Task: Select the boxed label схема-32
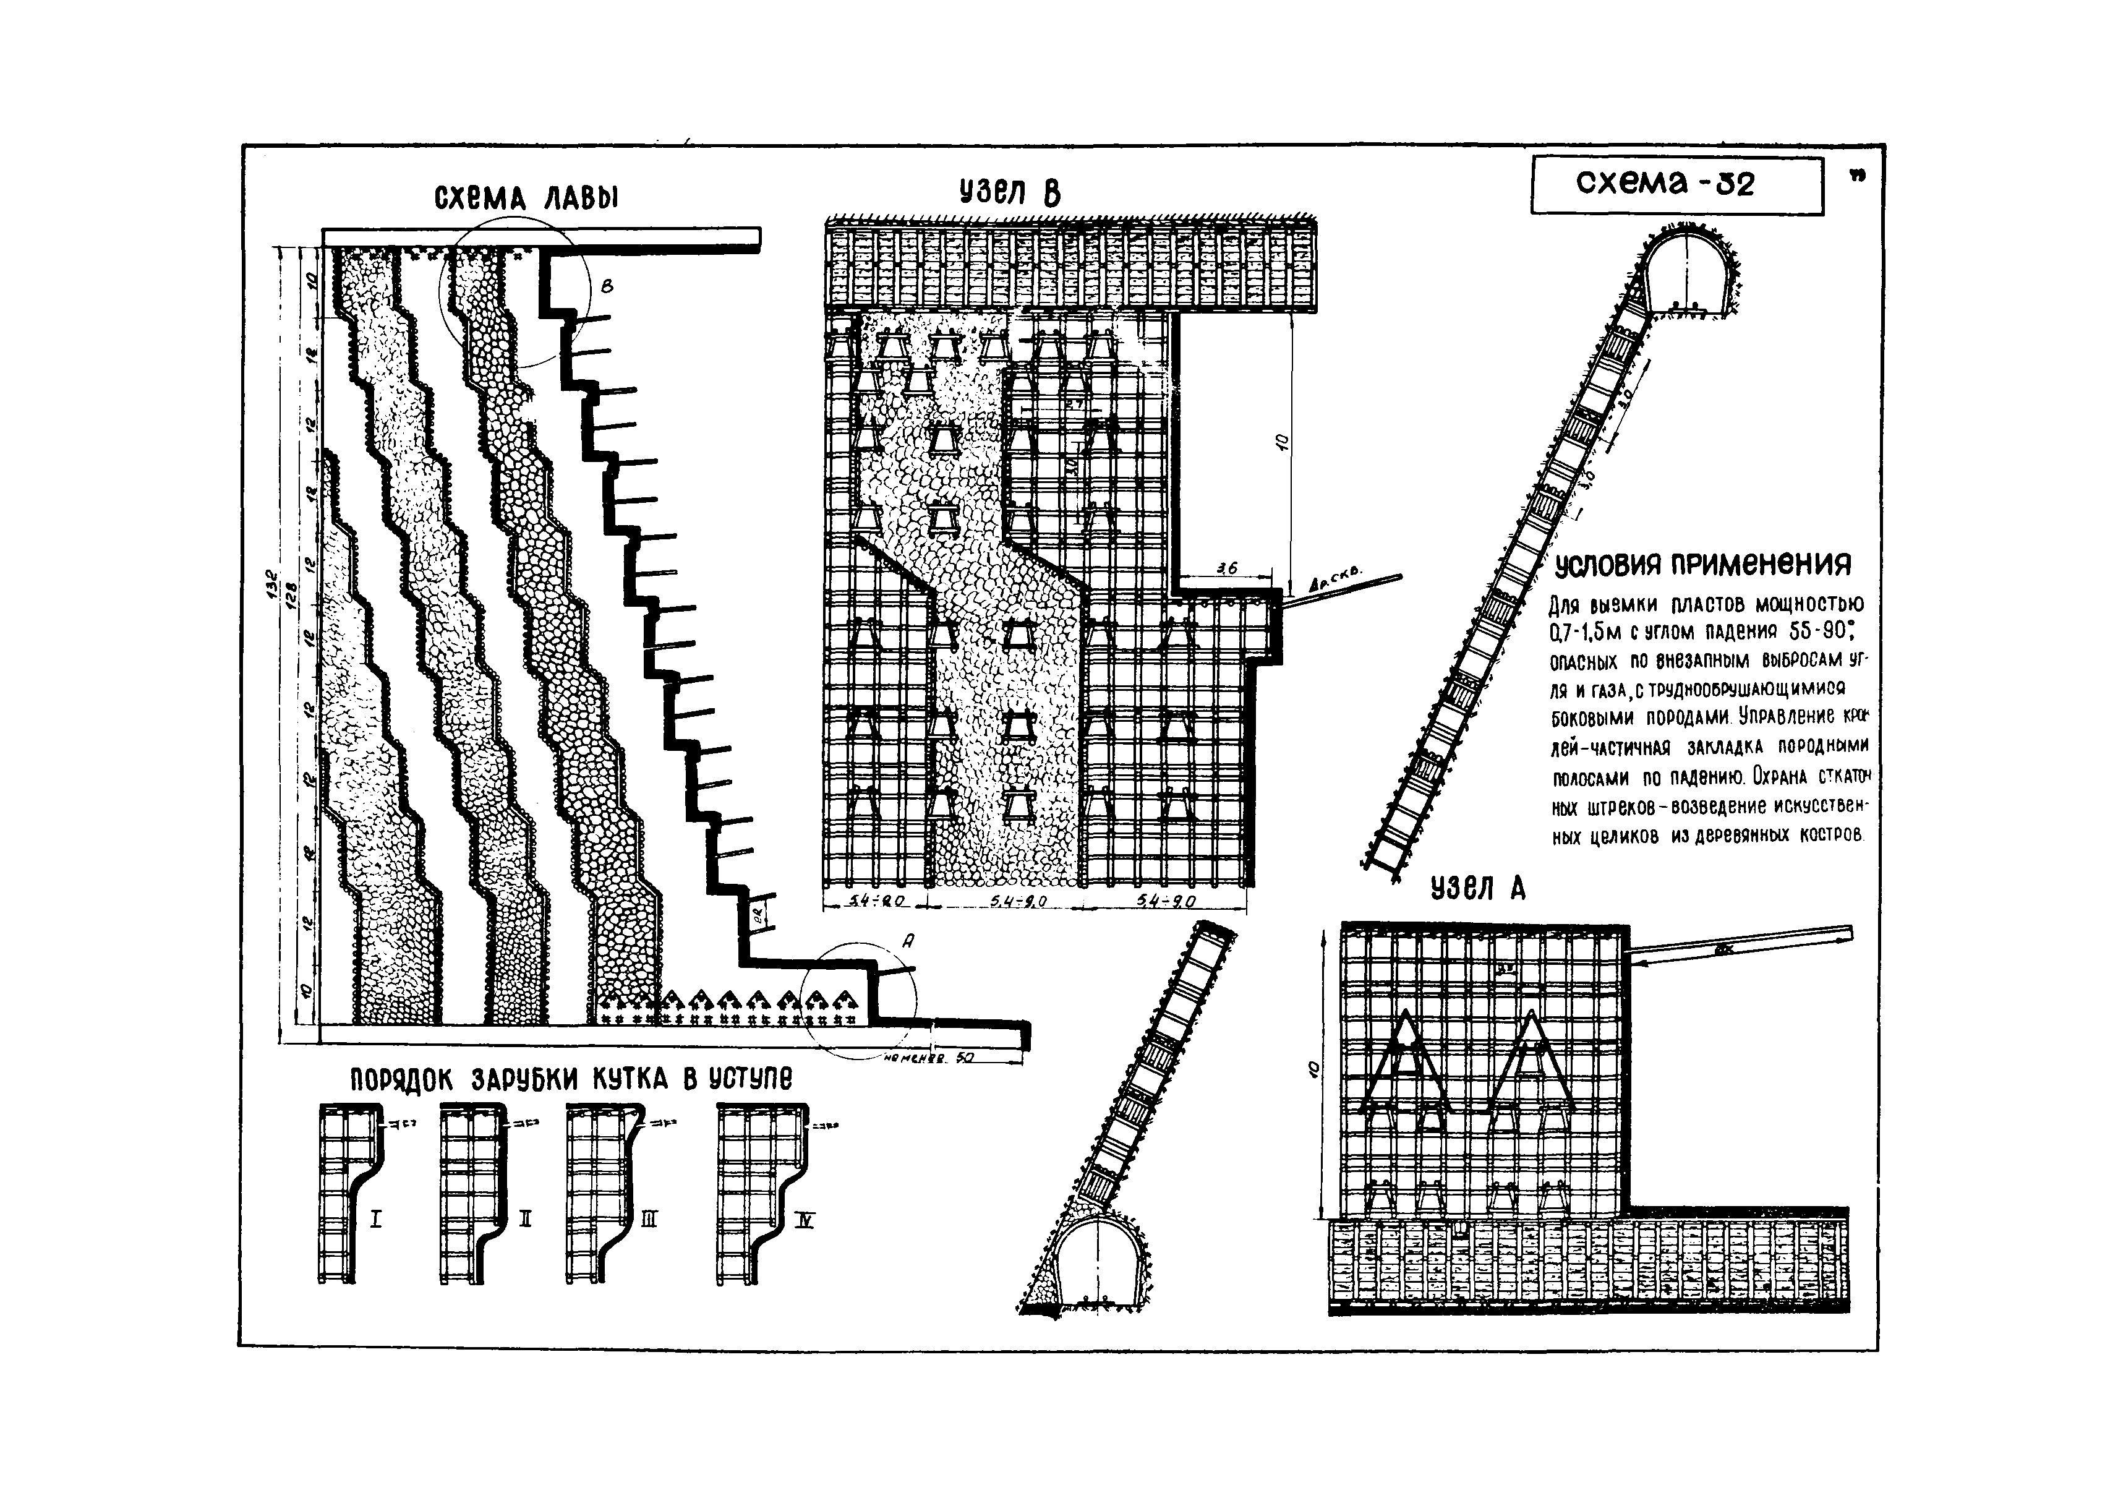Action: (1677, 184)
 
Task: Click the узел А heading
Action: (1478, 888)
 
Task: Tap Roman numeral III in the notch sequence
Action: (649, 1220)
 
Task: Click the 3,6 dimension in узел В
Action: (1227, 569)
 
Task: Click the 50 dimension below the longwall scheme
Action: (964, 1059)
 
